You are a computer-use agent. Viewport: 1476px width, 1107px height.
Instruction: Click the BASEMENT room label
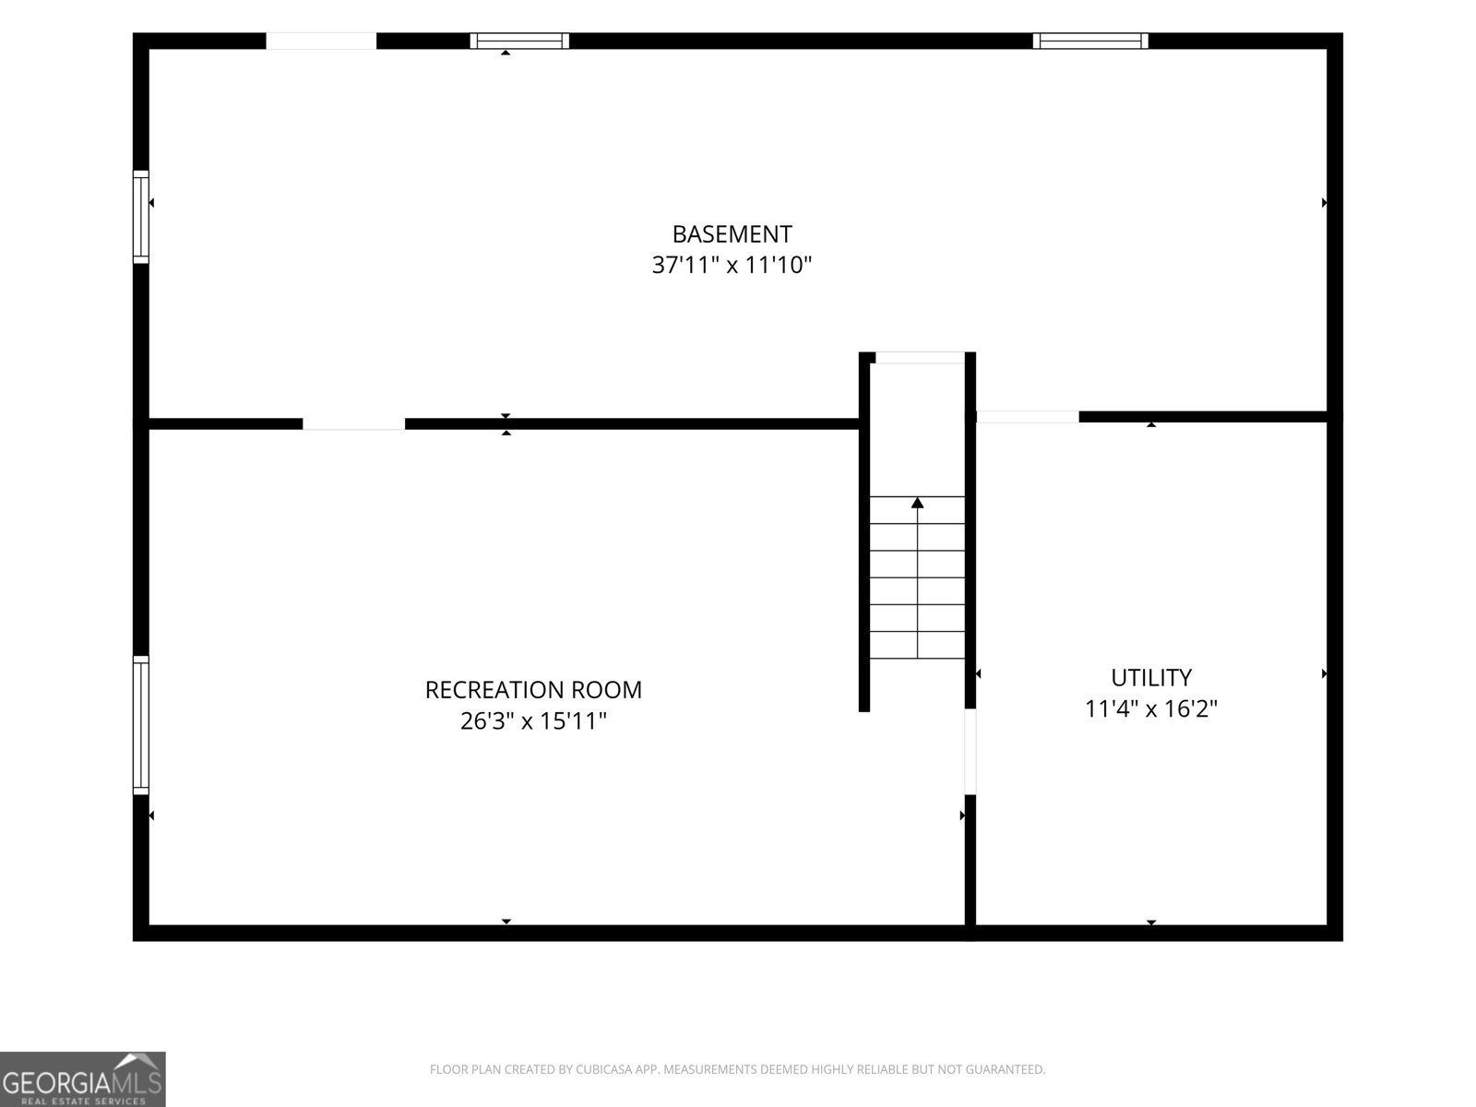732,234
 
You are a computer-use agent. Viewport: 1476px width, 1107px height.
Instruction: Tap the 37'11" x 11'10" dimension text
732,265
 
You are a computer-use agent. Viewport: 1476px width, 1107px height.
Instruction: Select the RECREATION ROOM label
533,690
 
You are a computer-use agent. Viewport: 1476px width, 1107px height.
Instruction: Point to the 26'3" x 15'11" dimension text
533,721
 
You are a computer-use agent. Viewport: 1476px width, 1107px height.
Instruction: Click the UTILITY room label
1151,677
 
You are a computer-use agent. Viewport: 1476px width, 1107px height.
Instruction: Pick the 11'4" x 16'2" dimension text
1151,708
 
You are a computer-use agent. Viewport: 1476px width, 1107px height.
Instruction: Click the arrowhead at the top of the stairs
917,502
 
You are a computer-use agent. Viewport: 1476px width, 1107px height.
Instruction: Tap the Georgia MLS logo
83,1078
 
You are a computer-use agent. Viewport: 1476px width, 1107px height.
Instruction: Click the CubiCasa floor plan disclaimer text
738,1069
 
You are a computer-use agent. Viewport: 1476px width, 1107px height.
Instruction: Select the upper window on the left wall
140,217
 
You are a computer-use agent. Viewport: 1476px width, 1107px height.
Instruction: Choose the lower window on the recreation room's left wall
140,725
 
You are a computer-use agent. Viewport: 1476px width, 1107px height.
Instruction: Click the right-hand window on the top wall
1090,41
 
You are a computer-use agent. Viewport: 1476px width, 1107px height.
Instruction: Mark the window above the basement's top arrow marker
519,41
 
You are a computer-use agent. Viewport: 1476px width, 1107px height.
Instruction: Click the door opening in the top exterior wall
321,41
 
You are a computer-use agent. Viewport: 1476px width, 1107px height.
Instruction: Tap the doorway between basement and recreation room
353,423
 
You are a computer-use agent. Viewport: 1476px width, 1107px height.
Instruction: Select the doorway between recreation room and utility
970,752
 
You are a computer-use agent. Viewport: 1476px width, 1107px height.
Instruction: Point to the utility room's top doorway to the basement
1028,417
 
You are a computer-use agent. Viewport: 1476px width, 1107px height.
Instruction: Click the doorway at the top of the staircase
920,358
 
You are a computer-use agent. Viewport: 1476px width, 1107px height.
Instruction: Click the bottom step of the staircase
917,645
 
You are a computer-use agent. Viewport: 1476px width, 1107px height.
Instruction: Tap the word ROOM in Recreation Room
606,690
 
